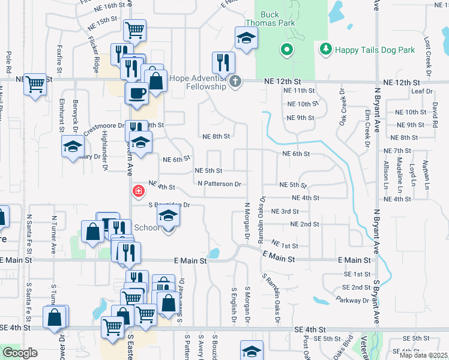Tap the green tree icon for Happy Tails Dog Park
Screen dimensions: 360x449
coord(325,49)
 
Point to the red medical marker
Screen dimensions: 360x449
coord(138,191)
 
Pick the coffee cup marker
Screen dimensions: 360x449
coord(136,93)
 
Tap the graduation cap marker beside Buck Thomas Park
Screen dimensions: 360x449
coord(244,39)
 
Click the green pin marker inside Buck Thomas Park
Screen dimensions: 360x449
coord(287,50)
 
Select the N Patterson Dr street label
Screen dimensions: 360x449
coord(219,184)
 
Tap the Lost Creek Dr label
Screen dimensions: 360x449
coord(427,53)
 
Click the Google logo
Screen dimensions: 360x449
coord(19,353)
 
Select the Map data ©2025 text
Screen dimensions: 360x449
coord(423,355)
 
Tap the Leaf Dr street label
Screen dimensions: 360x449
coord(423,91)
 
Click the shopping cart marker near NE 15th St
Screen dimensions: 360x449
coord(135,29)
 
